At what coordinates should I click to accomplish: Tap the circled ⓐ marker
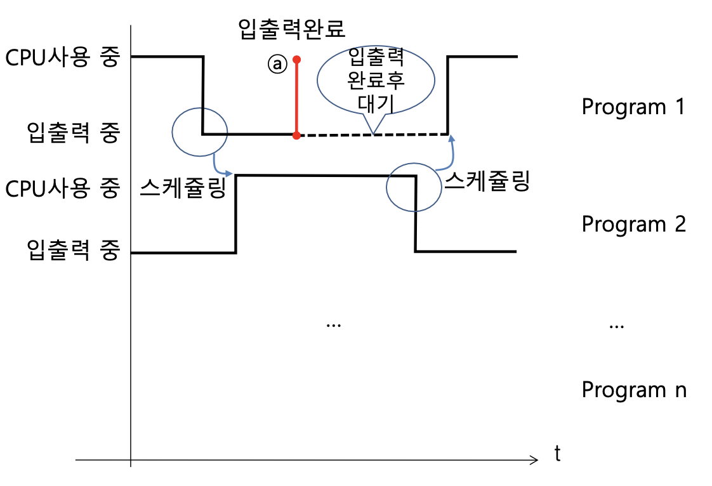[x=277, y=63]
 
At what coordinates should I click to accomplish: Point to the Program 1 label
[x=633, y=107]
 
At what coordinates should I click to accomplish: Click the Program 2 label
[x=633, y=224]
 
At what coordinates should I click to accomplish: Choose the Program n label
[x=633, y=389]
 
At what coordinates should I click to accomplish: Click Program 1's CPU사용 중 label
[x=62, y=58]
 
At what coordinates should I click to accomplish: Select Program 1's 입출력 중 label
[x=74, y=133]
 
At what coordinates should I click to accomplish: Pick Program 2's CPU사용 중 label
[x=62, y=188]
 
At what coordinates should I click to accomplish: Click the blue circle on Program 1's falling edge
[x=199, y=131]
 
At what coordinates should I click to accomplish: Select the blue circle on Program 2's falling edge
[x=414, y=187]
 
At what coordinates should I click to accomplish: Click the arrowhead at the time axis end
[x=535, y=459]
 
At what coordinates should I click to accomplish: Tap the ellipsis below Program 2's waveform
[x=333, y=324]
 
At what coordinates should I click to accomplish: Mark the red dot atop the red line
[x=296, y=60]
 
